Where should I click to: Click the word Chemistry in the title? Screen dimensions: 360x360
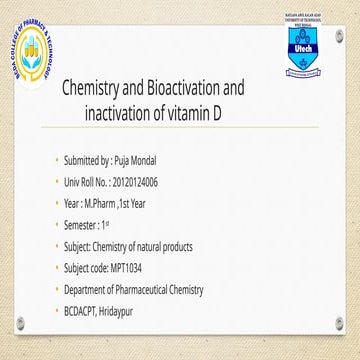(97, 91)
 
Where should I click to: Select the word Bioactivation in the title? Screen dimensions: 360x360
(197, 91)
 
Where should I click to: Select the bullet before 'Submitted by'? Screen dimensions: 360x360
(59, 160)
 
